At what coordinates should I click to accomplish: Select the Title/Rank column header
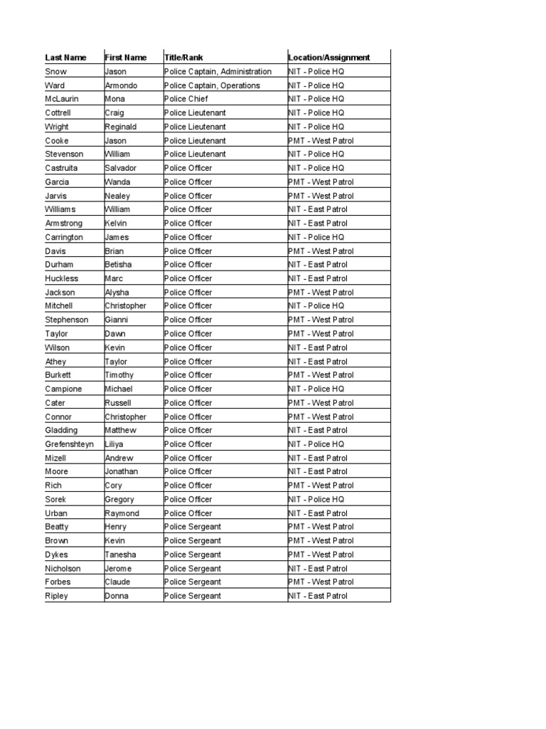(x=183, y=58)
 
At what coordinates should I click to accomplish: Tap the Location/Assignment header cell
(x=329, y=58)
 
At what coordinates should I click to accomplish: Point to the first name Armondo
(x=122, y=85)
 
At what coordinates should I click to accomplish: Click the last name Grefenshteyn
(x=69, y=444)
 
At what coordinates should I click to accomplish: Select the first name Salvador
(x=121, y=168)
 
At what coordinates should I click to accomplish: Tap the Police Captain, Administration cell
(x=218, y=72)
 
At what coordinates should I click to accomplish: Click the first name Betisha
(x=119, y=265)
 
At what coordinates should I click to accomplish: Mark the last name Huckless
(x=62, y=278)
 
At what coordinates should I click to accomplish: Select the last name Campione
(x=63, y=389)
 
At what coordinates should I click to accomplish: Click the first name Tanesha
(x=121, y=555)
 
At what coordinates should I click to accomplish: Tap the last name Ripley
(x=57, y=596)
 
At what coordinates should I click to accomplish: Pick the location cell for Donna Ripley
(x=318, y=596)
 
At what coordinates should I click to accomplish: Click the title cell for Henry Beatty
(x=193, y=527)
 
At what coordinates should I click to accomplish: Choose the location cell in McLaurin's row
(x=316, y=99)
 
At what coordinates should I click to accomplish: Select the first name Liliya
(x=114, y=444)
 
